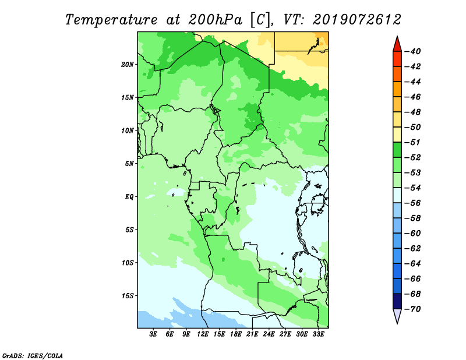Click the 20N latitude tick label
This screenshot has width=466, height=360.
(x=128, y=65)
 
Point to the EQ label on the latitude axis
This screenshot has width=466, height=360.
(x=129, y=197)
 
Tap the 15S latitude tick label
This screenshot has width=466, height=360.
(x=128, y=296)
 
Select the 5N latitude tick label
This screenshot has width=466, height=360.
(x=129, y=164)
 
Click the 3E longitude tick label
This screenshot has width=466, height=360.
(x=153, y=334)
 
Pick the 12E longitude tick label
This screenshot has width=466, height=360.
(x=203, y=334)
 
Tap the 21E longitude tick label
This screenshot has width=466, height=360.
(x=252, y=334)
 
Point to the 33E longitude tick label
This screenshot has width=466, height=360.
(x=318, y=334)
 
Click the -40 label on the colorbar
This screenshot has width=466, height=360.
(x=413, y=51)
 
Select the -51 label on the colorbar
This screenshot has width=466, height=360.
(x=413, y=142)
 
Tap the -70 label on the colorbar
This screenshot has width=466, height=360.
(x=413, y=309)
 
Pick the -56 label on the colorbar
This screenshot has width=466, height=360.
(x=413, y=203)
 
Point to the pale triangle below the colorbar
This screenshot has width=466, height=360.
(x=397, y=315)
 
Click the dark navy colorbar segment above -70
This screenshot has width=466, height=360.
(x=397, y=301)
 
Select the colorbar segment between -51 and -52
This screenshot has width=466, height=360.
(x=397, y=150)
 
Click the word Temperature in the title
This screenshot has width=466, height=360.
(x=111, y=20)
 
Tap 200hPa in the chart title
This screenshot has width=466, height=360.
(x=216, y=20)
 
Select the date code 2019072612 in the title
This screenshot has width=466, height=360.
(x=357, y=20)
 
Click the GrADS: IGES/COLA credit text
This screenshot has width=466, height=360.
(x=33, y=356)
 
